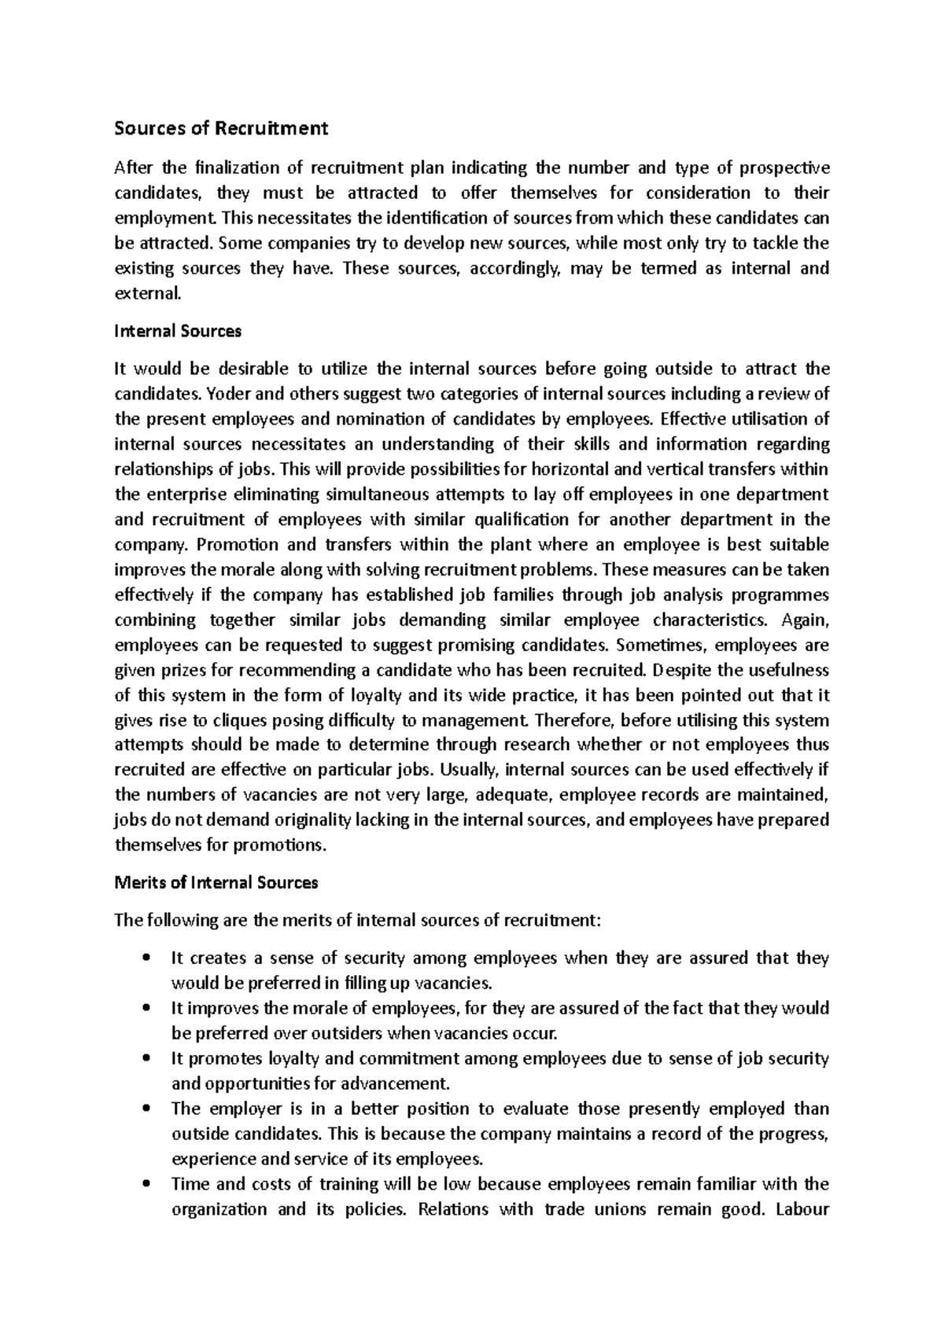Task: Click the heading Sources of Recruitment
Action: tap(221, 128)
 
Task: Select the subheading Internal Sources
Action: tap(178, 331)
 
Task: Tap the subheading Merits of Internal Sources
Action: tap(216, 882)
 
